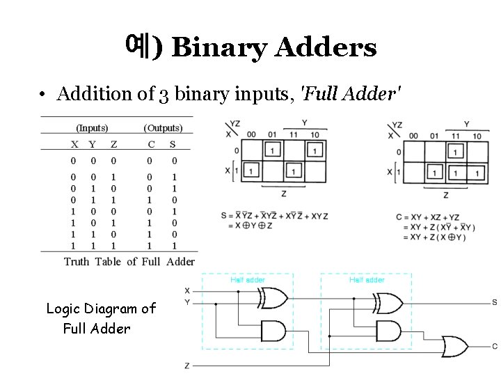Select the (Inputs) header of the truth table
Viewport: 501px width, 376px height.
pos(92,128)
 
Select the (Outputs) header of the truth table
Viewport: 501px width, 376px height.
pos(163,128)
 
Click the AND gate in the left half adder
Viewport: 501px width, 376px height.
pos(271,329)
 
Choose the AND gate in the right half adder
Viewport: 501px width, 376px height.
pos(386,330)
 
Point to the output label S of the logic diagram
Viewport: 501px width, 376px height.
pos(494,302)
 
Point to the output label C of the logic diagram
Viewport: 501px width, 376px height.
pos(494,346)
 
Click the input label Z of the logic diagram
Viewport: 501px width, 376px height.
pos(186,365)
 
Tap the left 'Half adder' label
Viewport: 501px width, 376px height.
pos(247,279)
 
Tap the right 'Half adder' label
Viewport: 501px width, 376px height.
pos(367,279)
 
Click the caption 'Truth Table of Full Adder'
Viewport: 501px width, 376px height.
pos(129,262)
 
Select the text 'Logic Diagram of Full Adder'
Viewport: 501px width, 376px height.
pos(100,318)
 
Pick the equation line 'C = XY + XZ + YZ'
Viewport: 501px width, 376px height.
pos(427,217)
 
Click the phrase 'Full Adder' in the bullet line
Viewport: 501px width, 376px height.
pos(350,93)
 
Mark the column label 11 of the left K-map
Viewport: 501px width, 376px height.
pos(293,134)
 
